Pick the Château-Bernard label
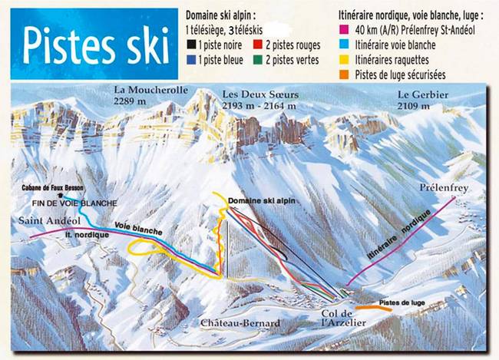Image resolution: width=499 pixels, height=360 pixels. pos(240,323)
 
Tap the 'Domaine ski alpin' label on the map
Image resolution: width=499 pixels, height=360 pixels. pos(263,200)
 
